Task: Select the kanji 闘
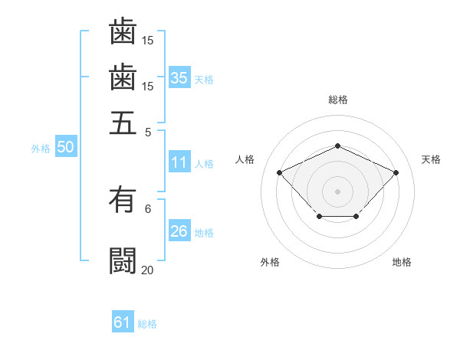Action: (x=123, y=260)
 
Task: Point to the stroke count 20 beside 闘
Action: (x=147, y=270)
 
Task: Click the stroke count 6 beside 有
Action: (x=148, y=208)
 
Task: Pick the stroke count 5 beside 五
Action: (x=148, y=131)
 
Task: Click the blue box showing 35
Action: (x=179, y=78)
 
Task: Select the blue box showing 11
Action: (x=179, y=162)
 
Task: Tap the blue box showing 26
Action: (x=179, y=231)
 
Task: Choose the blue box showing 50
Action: (x=65, y=148)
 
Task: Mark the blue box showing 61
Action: (x=123, y=323)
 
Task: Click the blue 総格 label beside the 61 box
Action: (x=147, y=324)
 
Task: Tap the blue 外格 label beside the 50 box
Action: (x=40, y=149)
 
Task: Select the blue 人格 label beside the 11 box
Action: (x=204, y=163)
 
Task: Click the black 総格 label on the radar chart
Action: (x=337, y=100)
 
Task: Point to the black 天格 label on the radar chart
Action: (x=431, y=159)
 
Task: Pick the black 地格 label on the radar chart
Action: (x=402, y=262)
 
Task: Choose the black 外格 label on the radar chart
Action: (x=270, y=262)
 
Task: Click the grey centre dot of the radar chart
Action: (x=337, y=190)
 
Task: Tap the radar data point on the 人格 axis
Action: (x=280, y=172)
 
